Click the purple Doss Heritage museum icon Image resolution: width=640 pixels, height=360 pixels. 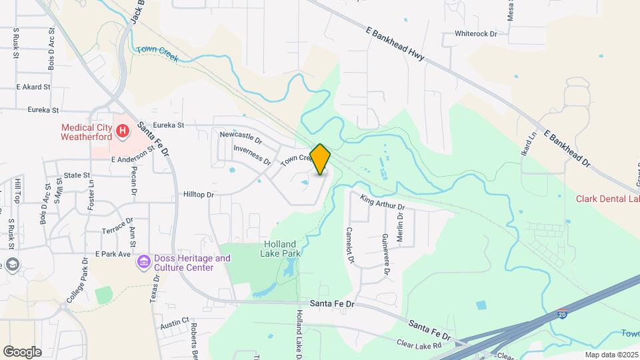coord(143,263)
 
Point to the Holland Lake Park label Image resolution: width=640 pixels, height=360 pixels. coord(283,249)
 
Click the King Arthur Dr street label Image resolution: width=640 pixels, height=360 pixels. coord(383,202)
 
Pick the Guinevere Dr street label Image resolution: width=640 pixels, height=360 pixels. coord(385,255)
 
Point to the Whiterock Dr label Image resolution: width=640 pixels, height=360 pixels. coord(476,33)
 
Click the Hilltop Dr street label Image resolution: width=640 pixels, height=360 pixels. coord(198,195)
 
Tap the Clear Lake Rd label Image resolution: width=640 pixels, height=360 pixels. coord(419,345)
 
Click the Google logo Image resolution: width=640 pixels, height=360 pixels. coord(22,351)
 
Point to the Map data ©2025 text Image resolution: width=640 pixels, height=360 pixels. coord(611,355)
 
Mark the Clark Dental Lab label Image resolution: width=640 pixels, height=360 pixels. coord(608,199)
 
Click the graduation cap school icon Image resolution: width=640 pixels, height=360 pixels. coord(12,265)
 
